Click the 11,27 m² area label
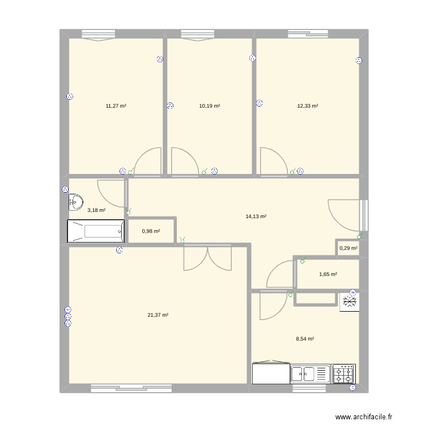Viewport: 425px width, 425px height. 116,106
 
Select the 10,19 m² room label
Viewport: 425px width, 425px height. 210,106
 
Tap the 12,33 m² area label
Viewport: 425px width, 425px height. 308,106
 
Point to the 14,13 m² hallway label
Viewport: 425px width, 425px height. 256,216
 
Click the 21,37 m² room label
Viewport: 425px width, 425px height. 159,316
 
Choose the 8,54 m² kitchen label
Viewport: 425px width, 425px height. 305,339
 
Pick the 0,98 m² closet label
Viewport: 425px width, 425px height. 151,231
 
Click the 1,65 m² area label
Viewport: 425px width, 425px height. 328,274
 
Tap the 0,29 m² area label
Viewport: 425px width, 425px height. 348,248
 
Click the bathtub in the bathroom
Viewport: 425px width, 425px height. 96,231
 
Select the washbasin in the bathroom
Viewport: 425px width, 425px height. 75,201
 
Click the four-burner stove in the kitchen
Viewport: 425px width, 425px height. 343,374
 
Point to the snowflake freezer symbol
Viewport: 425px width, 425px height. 348,303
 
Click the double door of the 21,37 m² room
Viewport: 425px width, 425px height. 207,258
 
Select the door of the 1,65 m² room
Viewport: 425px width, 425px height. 279,275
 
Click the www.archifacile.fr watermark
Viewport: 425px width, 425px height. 363,416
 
